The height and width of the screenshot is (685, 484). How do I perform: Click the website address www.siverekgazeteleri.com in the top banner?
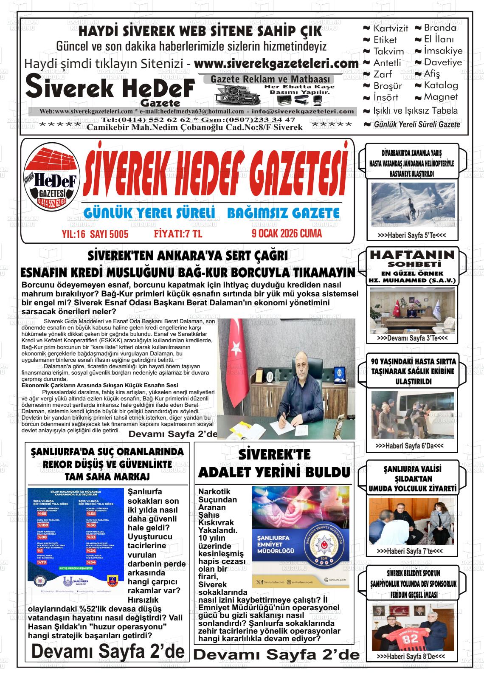(x=276, y=64)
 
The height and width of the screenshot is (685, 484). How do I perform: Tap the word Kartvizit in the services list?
(x=390, y=28)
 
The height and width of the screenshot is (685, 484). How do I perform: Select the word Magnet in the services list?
(x=441, y=97)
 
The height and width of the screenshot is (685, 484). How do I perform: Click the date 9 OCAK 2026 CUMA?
(x=287, y=233)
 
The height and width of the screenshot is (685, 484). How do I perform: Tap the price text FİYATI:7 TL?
(x=178, y=234)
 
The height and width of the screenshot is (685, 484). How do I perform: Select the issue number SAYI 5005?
(x=109, y=234)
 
